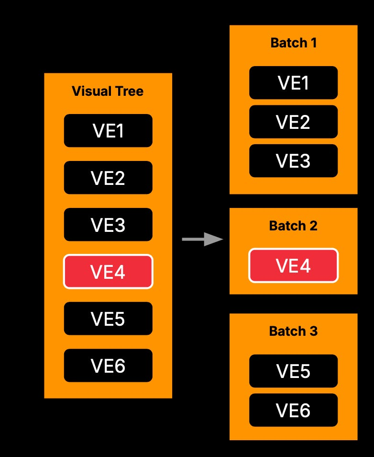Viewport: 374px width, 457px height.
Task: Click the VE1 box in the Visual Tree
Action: [x=108, y=131]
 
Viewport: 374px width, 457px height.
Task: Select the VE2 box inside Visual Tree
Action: [x=108, y=178]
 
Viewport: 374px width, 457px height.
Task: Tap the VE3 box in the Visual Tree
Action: [x=108, y=224]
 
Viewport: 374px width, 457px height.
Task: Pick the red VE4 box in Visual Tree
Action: [x=108, y=271]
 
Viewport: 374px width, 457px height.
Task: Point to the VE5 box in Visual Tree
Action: [x=108, y=319]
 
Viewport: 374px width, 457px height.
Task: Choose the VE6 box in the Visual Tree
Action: [x=108, y=366]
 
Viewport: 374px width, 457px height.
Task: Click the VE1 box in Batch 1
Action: [x=293, y=83]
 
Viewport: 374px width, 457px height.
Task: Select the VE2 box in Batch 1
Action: [x=293, y=122]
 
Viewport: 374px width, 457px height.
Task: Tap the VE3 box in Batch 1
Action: [x=293, y=160]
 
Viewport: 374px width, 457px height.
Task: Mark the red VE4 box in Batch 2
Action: [x=293, y=265]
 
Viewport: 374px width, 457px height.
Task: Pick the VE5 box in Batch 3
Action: [x=293, y=371]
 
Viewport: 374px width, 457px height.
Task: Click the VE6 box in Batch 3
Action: [x=293, y=410]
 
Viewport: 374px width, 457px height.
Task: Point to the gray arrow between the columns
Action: [x=203, y=240]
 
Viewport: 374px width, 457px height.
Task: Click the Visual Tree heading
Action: [x=108, y=91]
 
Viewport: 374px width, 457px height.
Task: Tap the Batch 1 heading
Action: [x=293, y=43]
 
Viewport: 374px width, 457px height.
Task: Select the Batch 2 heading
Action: [x=293, y=226]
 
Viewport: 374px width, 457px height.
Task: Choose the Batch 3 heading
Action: [x=293, y=331]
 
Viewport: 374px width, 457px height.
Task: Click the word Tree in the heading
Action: [x=130, y=91]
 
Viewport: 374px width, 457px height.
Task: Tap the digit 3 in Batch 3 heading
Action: [x=313, y=331]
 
